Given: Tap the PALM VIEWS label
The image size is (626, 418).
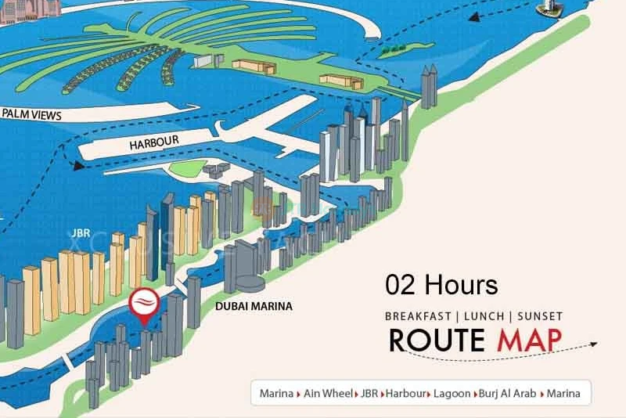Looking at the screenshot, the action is [31, 114].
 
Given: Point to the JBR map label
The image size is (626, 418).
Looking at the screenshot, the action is [78, 232].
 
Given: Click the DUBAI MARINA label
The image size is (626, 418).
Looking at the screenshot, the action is [254, 306].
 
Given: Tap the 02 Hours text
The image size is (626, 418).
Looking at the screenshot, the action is [441, 285].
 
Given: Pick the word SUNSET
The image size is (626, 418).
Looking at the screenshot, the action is [537, 316].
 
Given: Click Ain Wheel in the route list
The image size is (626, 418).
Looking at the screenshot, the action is [327, 394].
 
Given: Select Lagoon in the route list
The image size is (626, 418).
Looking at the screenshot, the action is [453, 394].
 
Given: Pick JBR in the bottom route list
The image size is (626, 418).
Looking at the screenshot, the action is [369, 394].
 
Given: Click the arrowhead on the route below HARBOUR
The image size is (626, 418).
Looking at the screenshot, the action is [76, 165].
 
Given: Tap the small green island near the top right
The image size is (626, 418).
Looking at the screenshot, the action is [395, 52].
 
